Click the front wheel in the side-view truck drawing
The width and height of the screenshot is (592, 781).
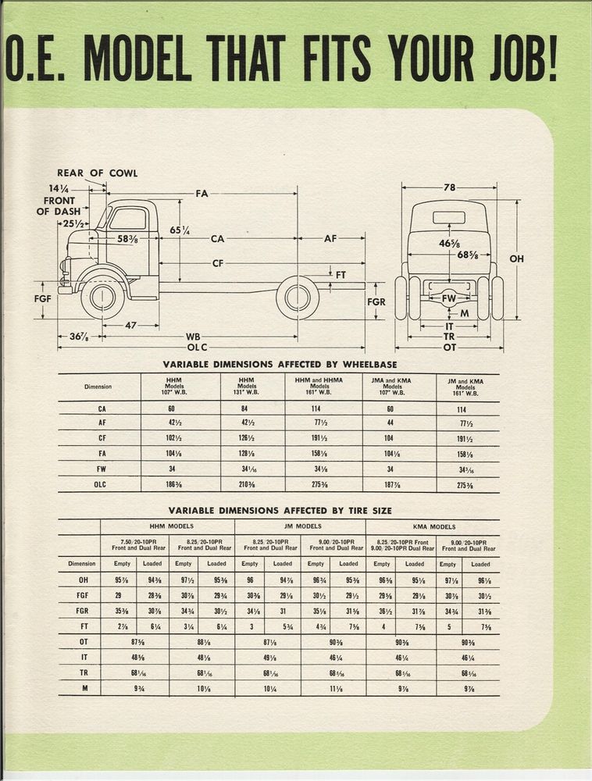(102, 298)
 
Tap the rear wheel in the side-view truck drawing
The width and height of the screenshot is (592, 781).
(298, 298)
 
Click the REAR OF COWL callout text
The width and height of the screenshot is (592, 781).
(97, 173)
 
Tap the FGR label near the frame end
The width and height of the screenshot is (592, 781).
(376, 301)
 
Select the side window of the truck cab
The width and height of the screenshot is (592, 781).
(128, 219)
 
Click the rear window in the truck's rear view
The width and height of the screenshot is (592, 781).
(448, 219)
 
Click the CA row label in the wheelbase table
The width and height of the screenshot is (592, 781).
(102, 408)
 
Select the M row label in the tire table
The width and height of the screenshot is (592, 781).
(83, 687)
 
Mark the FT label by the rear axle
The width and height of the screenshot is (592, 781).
(341, 275)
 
